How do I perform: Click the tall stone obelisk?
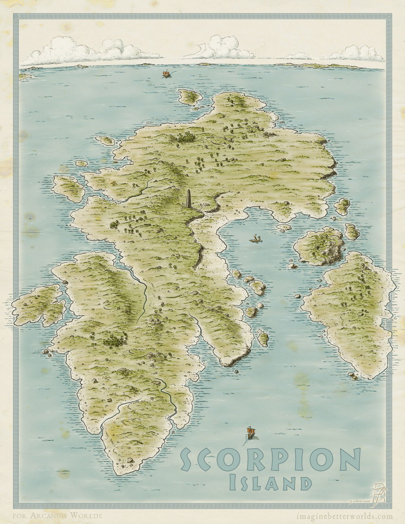tap(189, 200)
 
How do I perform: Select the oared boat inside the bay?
tap(255, 239)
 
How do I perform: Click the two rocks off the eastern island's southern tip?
tap(354, 376)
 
